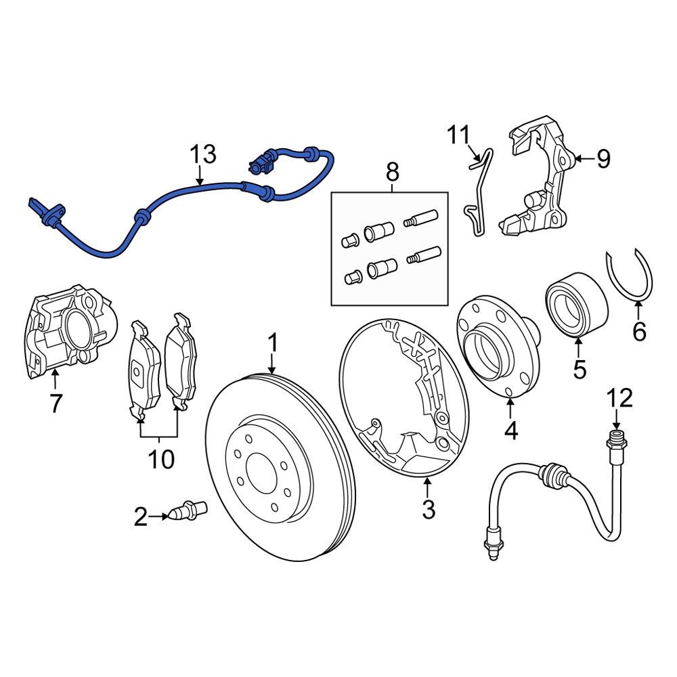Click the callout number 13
[202, 154]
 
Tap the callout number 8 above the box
[393, 172]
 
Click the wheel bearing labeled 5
[575, 303]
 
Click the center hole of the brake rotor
[261, 467]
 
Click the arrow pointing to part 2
[160, 517]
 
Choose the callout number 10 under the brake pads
[160, 460]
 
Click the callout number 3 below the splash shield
[428, 509]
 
